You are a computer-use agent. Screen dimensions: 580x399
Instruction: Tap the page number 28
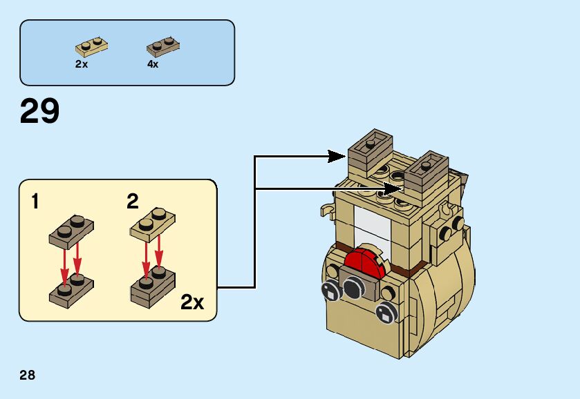tap(28, 376)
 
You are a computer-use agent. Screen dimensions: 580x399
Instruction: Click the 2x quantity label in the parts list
tap(82, 64)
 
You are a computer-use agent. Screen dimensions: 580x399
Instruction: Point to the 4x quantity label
tap(153, 64)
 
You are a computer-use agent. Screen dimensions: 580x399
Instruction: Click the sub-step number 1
tap(35, 202)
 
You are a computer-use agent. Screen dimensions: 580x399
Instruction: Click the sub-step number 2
tap(133, 202)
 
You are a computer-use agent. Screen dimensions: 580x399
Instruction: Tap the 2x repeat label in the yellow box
tap(192, 302)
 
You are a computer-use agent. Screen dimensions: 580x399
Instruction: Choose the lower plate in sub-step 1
tap(72, 289)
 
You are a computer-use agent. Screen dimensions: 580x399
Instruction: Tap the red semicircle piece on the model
tap(364, 265)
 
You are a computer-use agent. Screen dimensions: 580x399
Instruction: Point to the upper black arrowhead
tap(337, 157)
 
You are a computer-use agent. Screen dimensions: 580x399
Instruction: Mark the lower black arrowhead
tap(394, 188)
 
